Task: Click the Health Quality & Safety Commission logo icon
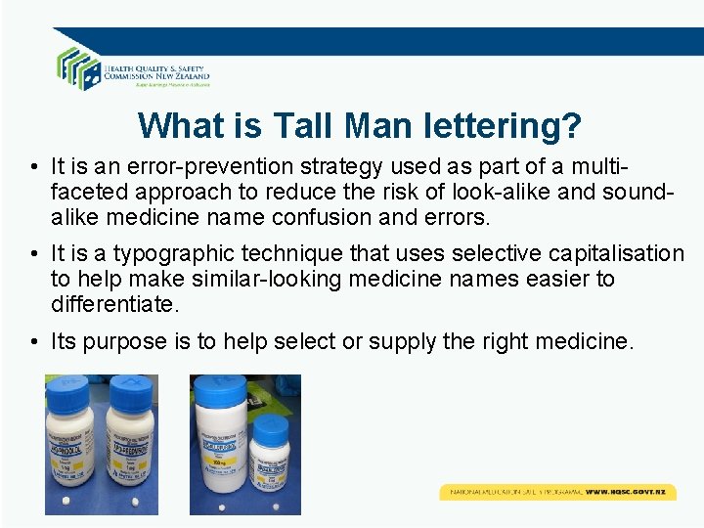(78, 66)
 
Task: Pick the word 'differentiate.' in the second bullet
(115, 303)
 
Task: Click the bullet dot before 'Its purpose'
(33, 342)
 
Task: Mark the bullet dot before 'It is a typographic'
(33, 254)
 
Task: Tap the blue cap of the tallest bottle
(220, 384)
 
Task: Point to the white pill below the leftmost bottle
(66, 501)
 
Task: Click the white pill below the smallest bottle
(273, 505)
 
